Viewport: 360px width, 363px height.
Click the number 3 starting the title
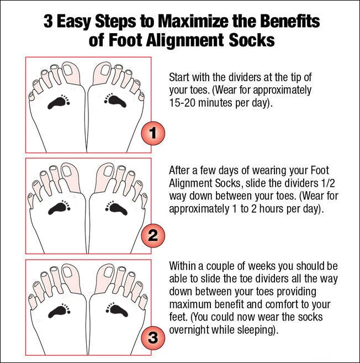coord(49,22)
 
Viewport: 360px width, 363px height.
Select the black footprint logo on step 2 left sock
coord(58,208)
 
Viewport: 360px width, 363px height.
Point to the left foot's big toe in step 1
coord(76,71)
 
